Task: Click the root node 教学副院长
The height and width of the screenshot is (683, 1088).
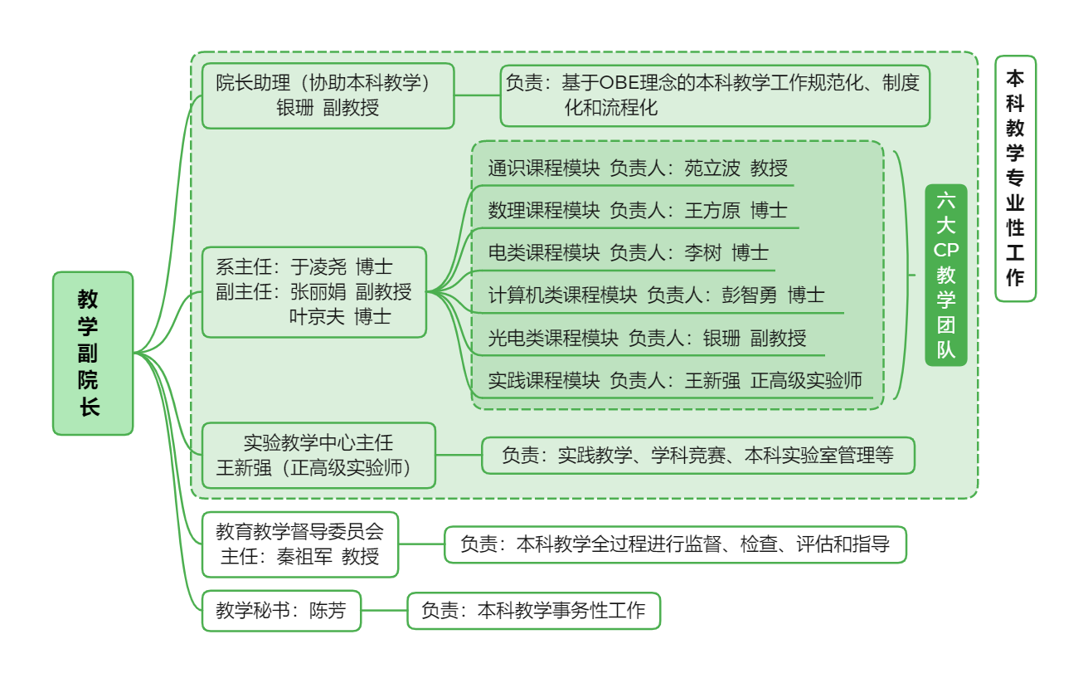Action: coord(93,353)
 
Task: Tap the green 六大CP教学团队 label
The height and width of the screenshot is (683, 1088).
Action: coord(945,275)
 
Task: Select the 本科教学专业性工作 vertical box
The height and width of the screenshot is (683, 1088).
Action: coord(1015,178)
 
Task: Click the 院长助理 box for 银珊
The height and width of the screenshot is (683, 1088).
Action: coord(328,95)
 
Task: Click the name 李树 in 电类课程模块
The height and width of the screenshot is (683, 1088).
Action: coord(702,253)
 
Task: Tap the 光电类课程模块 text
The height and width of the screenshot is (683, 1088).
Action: coord(553,338)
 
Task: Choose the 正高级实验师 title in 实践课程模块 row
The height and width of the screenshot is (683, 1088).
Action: coord(806,381)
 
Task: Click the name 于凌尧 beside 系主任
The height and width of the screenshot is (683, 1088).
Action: coord(318,267)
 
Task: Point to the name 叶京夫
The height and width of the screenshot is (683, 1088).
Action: coord(317,316)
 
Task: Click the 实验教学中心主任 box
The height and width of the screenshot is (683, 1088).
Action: coord(318,455)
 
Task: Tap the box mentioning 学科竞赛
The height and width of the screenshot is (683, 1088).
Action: coord(697,456)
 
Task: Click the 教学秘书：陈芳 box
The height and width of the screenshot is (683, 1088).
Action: coord(281,612)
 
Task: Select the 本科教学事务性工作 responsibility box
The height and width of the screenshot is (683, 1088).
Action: coord(533,611)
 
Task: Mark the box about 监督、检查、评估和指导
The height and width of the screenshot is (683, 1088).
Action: coord(675,544)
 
